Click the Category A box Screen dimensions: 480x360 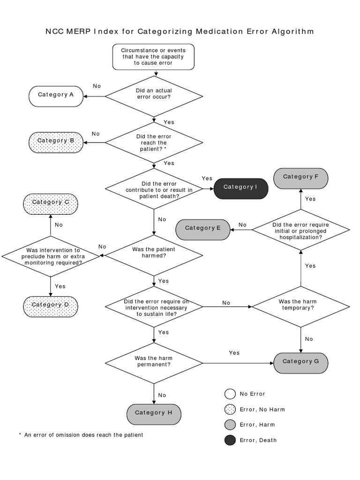[56, 95]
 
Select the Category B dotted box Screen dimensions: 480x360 [56, 141]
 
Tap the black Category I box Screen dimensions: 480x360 [241, 187]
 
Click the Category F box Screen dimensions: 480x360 [301, 178]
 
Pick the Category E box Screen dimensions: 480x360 [203, 228]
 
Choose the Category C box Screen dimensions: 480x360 [51, 203]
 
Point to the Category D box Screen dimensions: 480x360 [51, 305]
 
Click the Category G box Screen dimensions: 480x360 [301, 362]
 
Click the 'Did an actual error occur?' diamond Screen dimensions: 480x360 [154, 97]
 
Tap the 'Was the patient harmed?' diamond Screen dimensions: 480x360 [154, 255]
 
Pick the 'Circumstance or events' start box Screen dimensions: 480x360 [154, 57]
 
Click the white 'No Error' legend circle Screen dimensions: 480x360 [230, 394]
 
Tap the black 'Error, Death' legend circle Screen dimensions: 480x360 [230, 440]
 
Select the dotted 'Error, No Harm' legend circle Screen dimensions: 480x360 [230, 409]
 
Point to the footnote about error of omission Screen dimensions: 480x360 [81, 435]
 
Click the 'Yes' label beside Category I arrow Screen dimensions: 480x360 [207, 179]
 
